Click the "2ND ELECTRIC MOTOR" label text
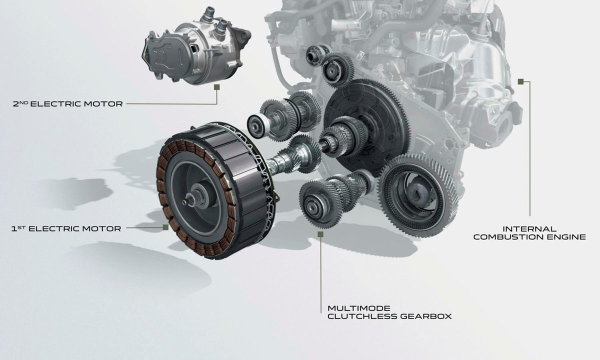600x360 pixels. point(68,103)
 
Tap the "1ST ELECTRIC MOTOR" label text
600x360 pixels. point(66,228)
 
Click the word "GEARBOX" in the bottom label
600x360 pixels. point(426,316)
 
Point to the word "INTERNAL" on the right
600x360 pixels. point(529,229)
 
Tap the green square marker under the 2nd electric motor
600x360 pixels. point(217,87)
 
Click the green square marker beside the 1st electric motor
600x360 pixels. point(166,227)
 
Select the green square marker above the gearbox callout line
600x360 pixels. point(320,234)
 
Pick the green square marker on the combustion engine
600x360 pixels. point(520,81)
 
